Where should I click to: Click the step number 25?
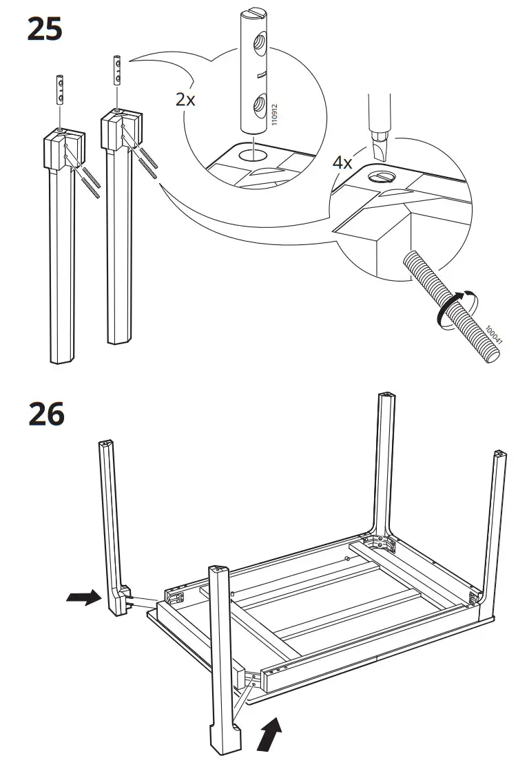45,29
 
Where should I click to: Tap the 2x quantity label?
185,99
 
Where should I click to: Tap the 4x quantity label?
342,162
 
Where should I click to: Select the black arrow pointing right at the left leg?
82,598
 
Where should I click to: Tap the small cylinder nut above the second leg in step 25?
116,71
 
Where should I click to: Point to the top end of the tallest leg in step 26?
387,398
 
